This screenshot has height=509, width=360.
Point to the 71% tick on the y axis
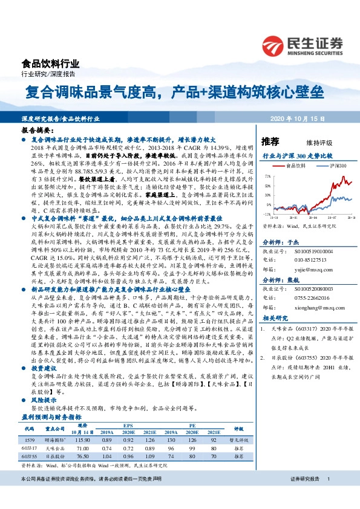tap(267, 176)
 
